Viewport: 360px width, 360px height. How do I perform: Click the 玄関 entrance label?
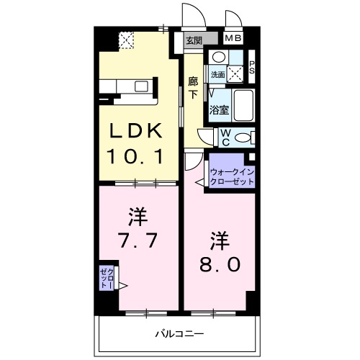tap(194, 40)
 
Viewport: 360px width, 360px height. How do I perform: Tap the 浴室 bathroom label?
tap(218, 110)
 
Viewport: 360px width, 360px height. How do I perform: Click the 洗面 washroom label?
tap(217, 74)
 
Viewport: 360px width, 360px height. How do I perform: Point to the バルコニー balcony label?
tap(179, 333)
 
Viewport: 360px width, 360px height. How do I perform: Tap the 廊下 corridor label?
tap(193, 88)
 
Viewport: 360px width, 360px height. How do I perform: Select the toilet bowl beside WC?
tap(243, 137)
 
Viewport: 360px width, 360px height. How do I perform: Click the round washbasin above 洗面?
tap(219, 57)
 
